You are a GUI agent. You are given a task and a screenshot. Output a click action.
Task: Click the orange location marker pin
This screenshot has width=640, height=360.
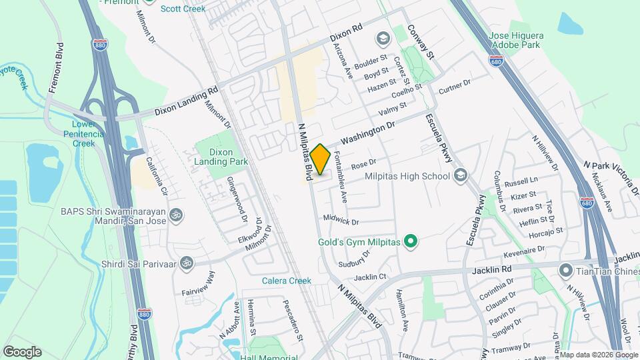point(320,159)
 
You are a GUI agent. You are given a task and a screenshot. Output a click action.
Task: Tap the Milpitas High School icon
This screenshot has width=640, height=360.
point(459,176)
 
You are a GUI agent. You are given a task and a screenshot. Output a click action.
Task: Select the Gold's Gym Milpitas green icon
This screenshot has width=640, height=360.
point(411,242)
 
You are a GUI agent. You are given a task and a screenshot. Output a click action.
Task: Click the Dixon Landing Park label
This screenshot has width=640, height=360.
point(221,156)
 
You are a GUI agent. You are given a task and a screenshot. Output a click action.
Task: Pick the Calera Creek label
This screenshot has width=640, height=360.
point(287,281)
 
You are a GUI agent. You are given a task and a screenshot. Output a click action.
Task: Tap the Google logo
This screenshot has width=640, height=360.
point(22,351)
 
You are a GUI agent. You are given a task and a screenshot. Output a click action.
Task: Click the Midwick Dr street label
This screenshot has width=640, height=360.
point(341,221)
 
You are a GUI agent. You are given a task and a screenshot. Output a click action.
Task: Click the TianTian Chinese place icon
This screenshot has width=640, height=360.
point(566,270)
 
